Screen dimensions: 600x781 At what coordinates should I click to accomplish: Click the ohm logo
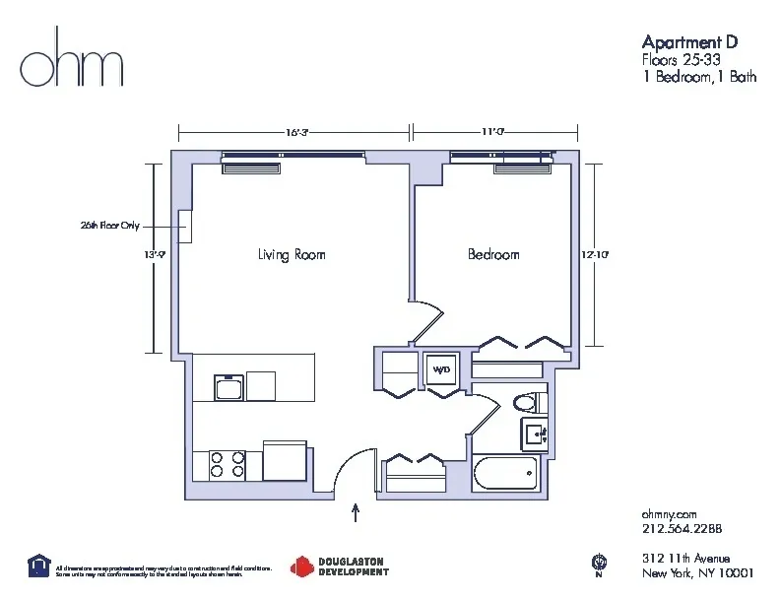[x=72, y=66]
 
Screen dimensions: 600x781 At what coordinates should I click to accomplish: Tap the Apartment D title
[x=688, y=42]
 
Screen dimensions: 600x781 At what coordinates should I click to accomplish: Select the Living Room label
[x=292, y=255]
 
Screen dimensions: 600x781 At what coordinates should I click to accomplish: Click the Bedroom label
[x=493, y=255]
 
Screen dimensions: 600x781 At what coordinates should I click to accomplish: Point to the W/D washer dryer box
[x=439, y=368]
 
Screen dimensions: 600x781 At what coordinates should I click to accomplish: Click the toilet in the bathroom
[x=530, y=402]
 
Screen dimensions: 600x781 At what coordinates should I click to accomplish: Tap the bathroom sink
[x=537, y=433]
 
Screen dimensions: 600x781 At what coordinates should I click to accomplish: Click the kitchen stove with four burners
[x=226, y=463]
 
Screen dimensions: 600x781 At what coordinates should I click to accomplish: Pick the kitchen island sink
[x=230, y=386]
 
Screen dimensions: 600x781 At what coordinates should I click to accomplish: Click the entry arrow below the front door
[x=356, y=513]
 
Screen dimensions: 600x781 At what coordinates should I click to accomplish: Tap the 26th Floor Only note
[x=109, y=226]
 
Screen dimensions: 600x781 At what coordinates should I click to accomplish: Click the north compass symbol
[x=598, y=564]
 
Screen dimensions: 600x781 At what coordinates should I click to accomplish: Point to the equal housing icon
[x=38, y=565]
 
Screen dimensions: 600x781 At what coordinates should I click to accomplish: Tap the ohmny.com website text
[x=670, y=514]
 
